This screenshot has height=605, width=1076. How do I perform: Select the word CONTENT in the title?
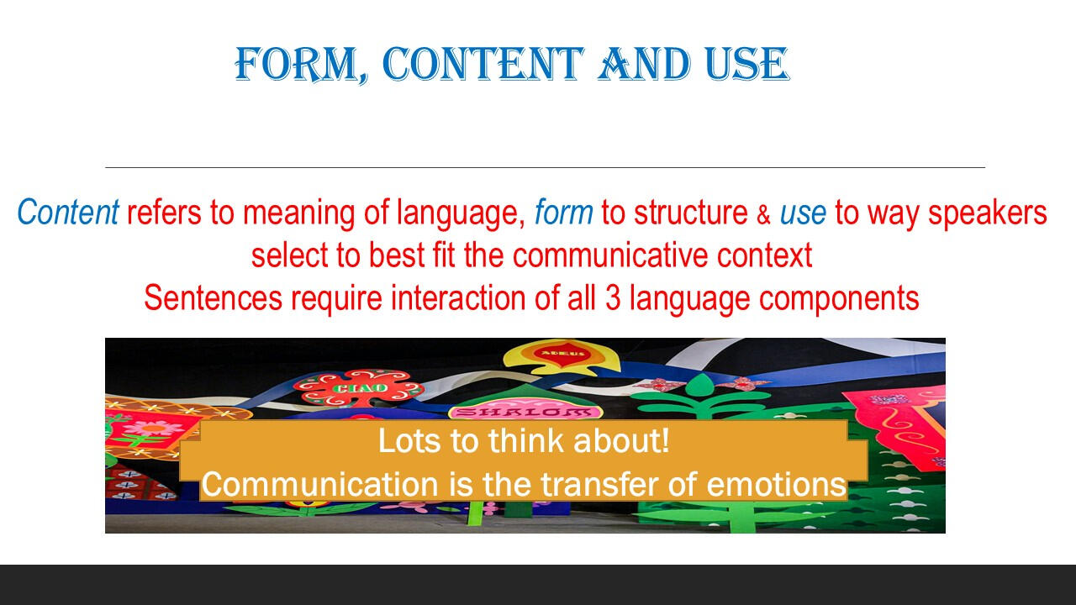(483, 64)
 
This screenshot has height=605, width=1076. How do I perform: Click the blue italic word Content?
(68, 212)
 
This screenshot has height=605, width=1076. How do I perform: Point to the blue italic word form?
(564, 212)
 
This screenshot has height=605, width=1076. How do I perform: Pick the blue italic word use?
(803, 213)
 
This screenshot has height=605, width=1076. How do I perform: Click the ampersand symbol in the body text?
(764, 215)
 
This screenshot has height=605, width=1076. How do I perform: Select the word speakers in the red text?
(987, 213)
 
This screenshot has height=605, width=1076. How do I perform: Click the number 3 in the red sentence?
(613, 298)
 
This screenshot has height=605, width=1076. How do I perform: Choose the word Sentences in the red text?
(214, 298)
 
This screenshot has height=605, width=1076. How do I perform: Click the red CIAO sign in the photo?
(359, 387)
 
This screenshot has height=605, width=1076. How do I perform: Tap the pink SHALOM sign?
(525, 412)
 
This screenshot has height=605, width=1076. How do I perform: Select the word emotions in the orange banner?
(776, 485)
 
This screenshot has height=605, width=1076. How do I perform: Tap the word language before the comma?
(461, 213)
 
